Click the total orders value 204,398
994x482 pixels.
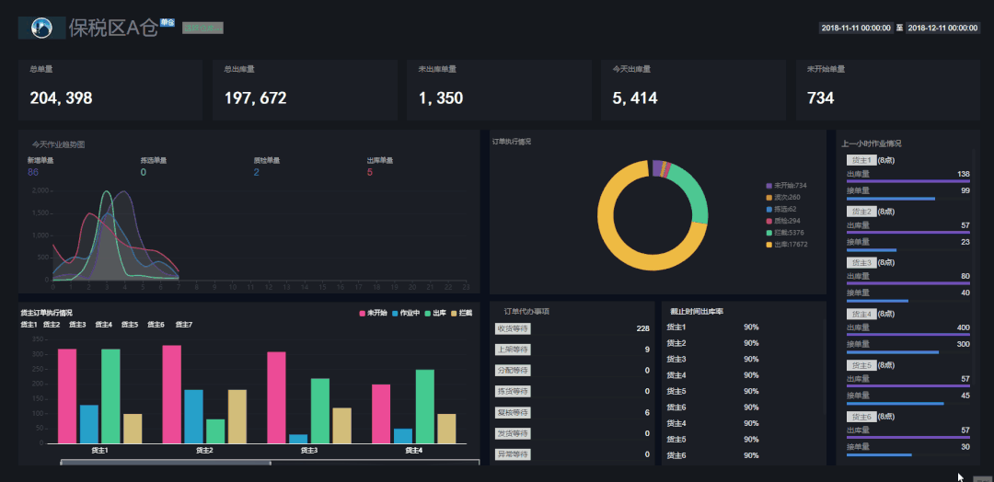[x=61, y=98]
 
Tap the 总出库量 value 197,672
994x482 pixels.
[x=255, y=98]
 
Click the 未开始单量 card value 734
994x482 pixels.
[x=820, y=98]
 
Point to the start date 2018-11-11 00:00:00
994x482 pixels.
[x=855, y=29]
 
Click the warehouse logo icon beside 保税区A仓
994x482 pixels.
[x=41, y=29]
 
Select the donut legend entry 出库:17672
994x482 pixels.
[x=791, y=245]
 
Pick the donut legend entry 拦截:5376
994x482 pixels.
[x=791, y=233]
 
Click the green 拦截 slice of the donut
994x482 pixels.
[x=698, y=199]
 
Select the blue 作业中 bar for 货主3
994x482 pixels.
[x=298, y=438]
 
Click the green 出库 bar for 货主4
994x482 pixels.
[x=424, y=406]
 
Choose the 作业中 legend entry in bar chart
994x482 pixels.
[x=405, y=314]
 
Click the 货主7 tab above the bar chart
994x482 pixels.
[x=183, y=325]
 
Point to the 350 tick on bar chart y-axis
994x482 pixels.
[x=38, y=339]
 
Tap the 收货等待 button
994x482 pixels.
[x=513, y=328]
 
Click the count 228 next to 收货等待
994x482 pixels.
[x=642, y=328]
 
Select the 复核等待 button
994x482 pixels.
[x=513, y=412]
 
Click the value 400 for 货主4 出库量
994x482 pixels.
[x=963, y=327]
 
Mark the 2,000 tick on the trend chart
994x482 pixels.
[x=39, y=191]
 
